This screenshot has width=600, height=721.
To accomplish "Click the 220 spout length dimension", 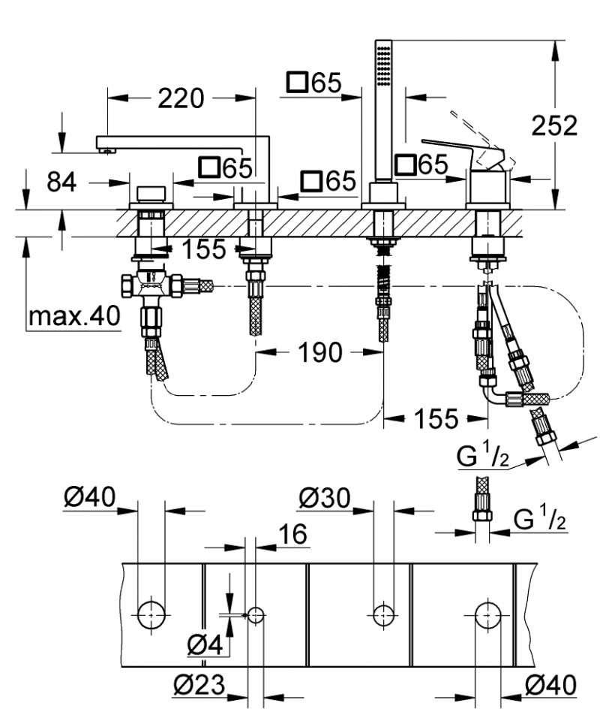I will pos(181,98).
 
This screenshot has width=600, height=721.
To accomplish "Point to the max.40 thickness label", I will pos(73,317).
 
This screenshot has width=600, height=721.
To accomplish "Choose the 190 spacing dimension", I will pos(320,351).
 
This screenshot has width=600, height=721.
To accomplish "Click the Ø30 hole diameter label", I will pos(324,496).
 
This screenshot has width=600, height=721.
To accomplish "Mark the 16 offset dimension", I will pos(292,535).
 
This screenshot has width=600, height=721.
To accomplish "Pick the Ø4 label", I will pos(203,644).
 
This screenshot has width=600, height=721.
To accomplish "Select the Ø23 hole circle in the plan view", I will pos(256,614).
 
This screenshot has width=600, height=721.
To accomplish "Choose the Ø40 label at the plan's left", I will pos(89,496).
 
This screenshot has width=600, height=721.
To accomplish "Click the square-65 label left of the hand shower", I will pos(313,83).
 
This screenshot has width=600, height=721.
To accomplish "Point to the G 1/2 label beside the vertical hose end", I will pos(540,518).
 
